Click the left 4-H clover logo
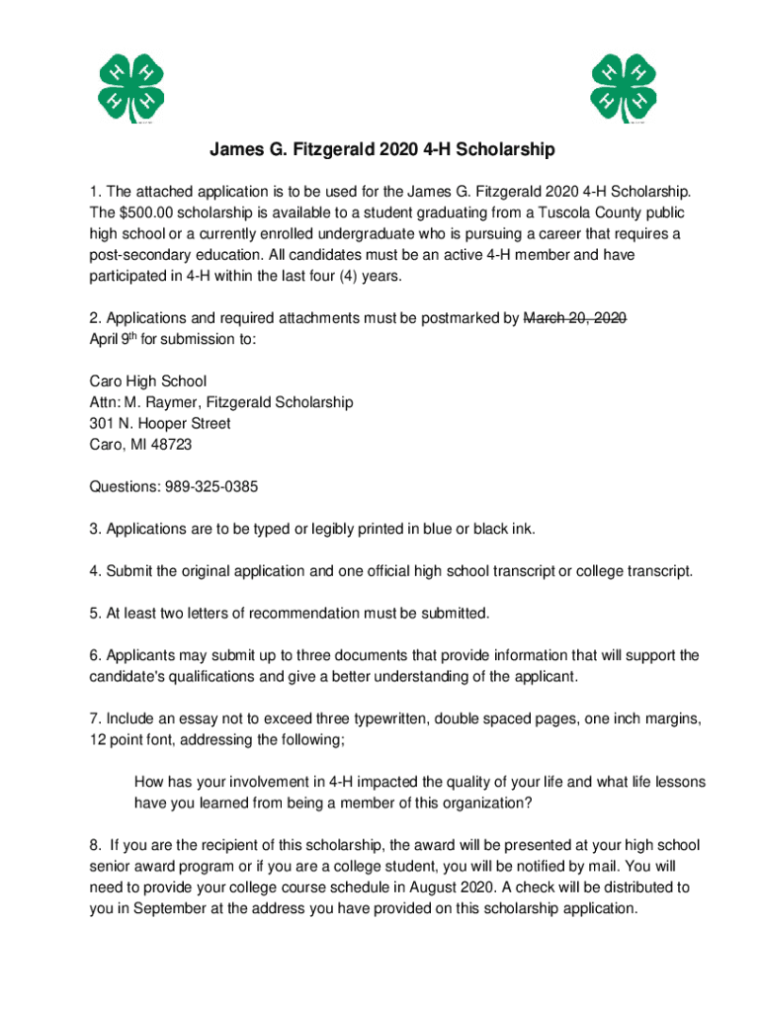point(129,89)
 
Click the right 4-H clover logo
point(624,89)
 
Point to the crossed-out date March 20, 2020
point(574,318)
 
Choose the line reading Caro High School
point(148,381)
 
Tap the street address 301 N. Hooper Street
point(160,423)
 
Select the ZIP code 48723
point(171,445)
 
